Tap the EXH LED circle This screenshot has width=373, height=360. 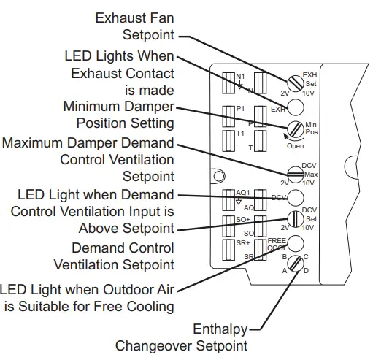click(x=295, y=108)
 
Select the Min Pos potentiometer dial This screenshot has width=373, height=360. click(x=295, y=131)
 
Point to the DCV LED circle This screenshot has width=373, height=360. click(x=295, y=197)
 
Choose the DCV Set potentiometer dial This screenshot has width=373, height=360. click(x=295, y=219)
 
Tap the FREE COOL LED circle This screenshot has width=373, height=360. click(x=295, y=243)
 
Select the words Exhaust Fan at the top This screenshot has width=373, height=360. click(x=134, y=15)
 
